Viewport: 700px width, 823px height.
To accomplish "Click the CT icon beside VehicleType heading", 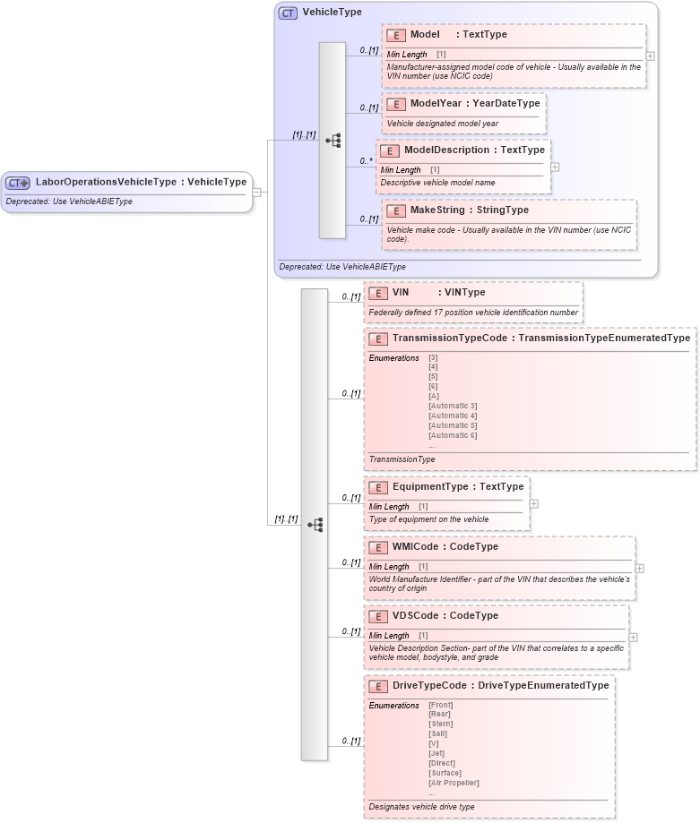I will point(288,13).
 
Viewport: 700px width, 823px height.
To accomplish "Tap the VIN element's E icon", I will point(378,292).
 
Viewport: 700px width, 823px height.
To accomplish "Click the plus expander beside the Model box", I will point(650,56).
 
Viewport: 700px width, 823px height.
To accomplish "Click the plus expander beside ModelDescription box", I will point(555,167).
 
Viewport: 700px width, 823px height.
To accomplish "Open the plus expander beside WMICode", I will point(639,568).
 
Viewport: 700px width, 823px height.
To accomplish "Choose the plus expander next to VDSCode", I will point(633,637).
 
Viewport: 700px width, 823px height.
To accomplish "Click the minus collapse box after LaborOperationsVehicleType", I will point(256,191).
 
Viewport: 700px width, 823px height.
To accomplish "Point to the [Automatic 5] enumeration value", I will point(453,425).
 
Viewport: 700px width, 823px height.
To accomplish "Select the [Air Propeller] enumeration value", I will point(454,783).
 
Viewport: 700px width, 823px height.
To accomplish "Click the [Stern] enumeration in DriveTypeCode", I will point(441,724).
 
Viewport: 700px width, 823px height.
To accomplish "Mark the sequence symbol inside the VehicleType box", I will point(333,141).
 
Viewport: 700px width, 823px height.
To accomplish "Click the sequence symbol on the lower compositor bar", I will point(315,525).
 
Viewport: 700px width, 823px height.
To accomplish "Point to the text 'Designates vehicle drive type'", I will point(421,807).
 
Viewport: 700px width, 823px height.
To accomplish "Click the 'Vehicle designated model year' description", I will point(442,124).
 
